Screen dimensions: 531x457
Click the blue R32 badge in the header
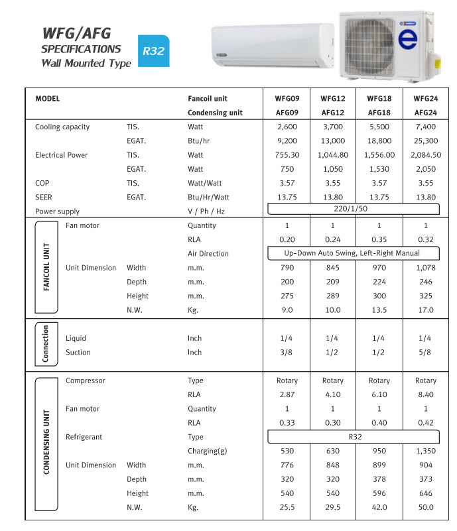tap(153, 50)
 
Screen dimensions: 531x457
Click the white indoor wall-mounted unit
tap(272, 47)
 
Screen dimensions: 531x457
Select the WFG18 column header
tap(379, 99)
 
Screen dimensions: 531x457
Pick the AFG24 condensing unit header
tap(425, 113)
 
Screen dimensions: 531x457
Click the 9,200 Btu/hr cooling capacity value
tap(287, 141)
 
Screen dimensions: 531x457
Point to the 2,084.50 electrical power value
tap(425, 155)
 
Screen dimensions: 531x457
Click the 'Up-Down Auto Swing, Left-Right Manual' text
tap(352, 253)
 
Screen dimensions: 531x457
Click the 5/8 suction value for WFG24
tap(425, 352)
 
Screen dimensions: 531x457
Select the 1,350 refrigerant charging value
tap(425, 451)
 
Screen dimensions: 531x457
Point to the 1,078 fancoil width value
tap(425, 268)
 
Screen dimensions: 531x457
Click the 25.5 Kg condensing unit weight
tap(287, 507)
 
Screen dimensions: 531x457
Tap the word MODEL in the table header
tap(48, 99)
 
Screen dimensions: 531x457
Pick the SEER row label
tap(44, 197)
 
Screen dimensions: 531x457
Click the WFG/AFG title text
tap(76, 33)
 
